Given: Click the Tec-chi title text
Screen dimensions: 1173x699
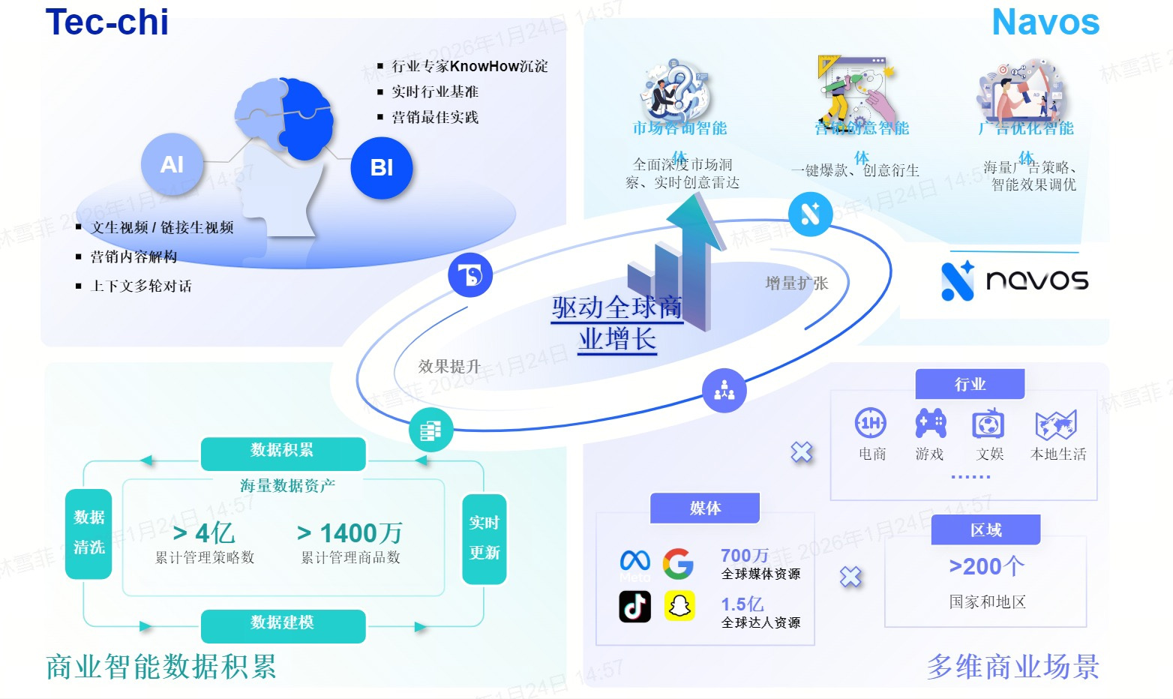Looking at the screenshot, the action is (107, 22).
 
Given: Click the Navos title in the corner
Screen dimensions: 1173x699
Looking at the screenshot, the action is (1045, 22).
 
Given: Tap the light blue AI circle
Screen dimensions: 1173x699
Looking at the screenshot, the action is (172, 164).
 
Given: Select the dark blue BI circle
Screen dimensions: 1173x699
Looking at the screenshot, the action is (382, 167).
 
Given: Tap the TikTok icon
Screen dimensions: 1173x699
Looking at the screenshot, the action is (634, 606).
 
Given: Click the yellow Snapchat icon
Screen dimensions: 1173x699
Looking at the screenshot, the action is (679, 606).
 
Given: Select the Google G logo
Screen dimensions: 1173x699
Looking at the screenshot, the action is (678, 563).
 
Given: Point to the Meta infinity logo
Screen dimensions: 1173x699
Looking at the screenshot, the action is (635, 560).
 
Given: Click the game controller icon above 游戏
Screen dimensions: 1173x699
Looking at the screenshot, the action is (930, 424).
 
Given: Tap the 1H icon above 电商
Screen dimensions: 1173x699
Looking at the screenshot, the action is (871, 424).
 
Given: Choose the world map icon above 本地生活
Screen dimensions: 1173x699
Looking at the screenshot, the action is (1056, 424).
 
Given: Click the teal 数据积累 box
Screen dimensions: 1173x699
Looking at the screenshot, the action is (283, 451).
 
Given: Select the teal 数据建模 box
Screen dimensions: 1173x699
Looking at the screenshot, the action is (283, 623).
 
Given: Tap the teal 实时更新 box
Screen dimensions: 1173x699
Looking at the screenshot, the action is (484, 538).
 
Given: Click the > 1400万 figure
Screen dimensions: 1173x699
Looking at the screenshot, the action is (349, 533).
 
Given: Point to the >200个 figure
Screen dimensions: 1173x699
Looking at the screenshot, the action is (986, 566).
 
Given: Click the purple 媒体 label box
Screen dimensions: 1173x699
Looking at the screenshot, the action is (705, 508).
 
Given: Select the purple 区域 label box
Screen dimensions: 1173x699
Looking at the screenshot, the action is (985, 530).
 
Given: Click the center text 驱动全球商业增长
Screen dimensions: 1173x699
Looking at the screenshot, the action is (616, 323).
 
